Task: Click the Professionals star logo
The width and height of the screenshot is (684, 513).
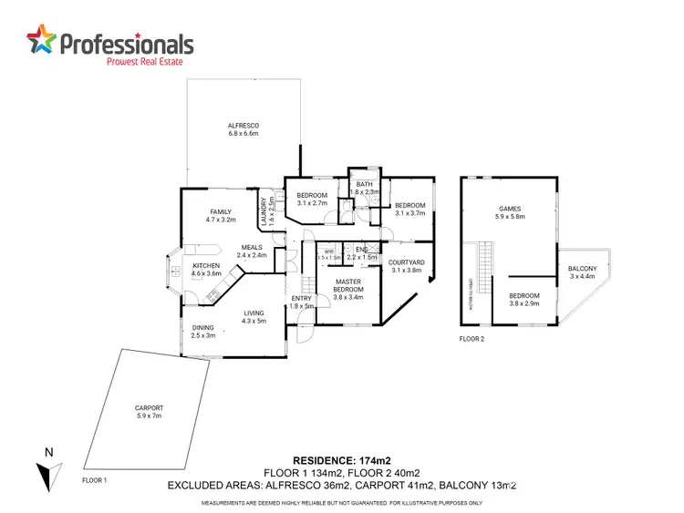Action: point(41,41)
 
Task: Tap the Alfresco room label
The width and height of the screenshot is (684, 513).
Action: point(244,129)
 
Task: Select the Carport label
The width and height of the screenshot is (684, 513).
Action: point(148,411)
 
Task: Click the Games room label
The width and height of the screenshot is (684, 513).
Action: point(510,211)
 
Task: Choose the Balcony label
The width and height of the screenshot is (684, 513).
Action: point(583,272)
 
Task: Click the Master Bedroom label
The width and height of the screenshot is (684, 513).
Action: point(348,287)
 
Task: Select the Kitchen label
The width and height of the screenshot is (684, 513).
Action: point(207,269)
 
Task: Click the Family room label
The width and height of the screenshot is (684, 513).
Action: point(221,216)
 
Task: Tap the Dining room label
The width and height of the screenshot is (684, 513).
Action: point(202,332)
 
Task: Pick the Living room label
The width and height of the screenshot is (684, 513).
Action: point(254,317)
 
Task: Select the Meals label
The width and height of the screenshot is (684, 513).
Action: point(251,251)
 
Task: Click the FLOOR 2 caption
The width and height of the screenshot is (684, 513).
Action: point(472,338)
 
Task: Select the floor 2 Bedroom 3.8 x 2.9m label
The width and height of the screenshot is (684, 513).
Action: point(523,299)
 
